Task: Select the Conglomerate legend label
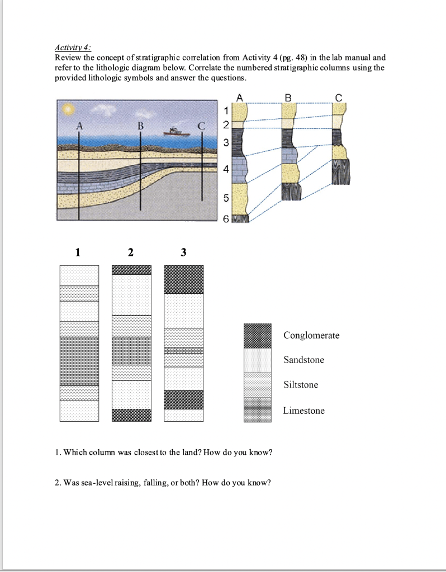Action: pos(311,335)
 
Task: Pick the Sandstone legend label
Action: pos(303,360)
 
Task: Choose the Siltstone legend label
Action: pos(301,385)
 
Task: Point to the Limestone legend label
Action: pos(303,411)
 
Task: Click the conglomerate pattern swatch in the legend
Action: pos(258,335)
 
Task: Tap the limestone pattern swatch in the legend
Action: pos(258,411)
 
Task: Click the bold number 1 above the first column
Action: pos(78,252)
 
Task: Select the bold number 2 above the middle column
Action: pos(130,252)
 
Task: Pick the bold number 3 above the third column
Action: pos(183,252)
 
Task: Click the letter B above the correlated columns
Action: pos(288,97)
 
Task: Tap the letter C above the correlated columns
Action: pos(338,97)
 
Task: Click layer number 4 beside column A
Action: pos(226,170)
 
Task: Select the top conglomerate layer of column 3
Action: pos(184,279)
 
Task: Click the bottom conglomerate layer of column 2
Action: pos(131,415)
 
